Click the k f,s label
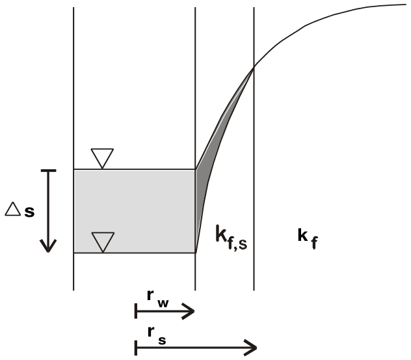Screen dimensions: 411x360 click(x=232, y=238)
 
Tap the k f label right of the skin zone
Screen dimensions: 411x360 click(x=308, y=238)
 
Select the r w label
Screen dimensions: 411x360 click(x=158, y=299)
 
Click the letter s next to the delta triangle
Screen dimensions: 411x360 click(x=29, y=212)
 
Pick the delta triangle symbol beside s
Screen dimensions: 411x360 click(x=12, y=209)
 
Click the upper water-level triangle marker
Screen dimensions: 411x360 click(x=102, y=158)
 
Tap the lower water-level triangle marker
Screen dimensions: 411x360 click(x=103, y=242)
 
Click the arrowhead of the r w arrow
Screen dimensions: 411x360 click(x=188, y=311)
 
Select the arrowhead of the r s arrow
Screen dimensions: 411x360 click(x=250, y=348)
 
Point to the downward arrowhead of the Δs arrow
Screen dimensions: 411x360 click(x=48, y=246)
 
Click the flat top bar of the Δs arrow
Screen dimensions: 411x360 click(x=49, y=171)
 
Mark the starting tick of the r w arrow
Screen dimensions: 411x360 click(x=136, y=311)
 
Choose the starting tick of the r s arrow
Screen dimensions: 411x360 click(x=136, y=348)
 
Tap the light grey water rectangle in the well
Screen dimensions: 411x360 click(x=135, y=211)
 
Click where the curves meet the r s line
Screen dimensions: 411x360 click(x=254, y=68)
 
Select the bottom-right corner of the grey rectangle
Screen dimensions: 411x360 click(x=195, y=253)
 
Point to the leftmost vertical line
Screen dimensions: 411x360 click(x=73, y=149)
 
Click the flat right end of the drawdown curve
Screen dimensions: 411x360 click(x=406, y=5)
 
